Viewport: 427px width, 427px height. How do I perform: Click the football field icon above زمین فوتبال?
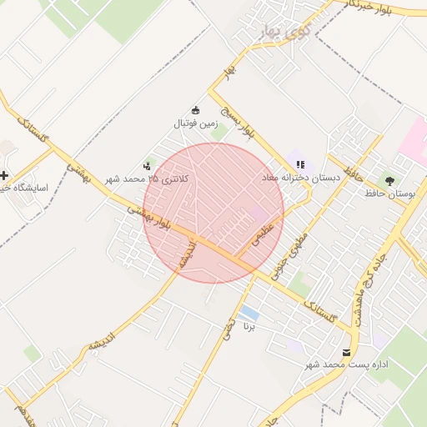(196, 110)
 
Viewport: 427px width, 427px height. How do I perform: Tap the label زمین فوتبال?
(193, 123)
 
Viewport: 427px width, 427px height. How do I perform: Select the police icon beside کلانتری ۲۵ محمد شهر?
(148, 165)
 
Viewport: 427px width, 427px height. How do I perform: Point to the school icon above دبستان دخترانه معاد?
(300, 164)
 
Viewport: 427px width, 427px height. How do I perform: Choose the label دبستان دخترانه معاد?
(301, 178)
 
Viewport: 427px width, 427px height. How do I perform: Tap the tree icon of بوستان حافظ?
(389, 179)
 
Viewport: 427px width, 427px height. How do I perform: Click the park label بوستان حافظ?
(389, 193)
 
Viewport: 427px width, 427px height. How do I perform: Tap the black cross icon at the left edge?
(6, 175)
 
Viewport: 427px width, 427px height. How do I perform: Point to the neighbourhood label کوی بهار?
(285, 34)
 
